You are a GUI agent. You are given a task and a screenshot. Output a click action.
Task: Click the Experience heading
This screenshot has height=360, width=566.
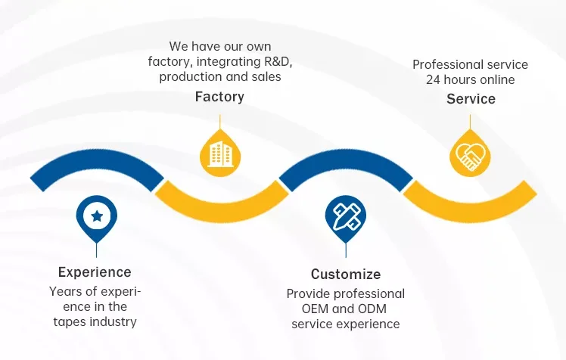coord(95,272)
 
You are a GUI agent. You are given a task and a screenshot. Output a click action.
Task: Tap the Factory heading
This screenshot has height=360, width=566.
coord(219,97)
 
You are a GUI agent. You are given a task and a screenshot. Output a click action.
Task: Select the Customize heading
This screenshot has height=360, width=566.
coord(346,274)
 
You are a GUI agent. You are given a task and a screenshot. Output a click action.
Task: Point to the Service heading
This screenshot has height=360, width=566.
coord(471,99)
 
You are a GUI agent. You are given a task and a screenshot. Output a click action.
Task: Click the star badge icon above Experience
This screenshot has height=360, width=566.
coord(97,216)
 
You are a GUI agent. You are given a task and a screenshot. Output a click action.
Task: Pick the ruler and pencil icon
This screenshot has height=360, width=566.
coord(346,215)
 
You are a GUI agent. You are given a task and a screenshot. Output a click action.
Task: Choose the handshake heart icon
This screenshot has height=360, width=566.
coord(470,156)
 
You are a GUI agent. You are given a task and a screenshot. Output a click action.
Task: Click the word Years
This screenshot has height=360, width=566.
coord(65,291)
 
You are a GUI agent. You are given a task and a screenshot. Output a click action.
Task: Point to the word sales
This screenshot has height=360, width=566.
coord(266,76)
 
